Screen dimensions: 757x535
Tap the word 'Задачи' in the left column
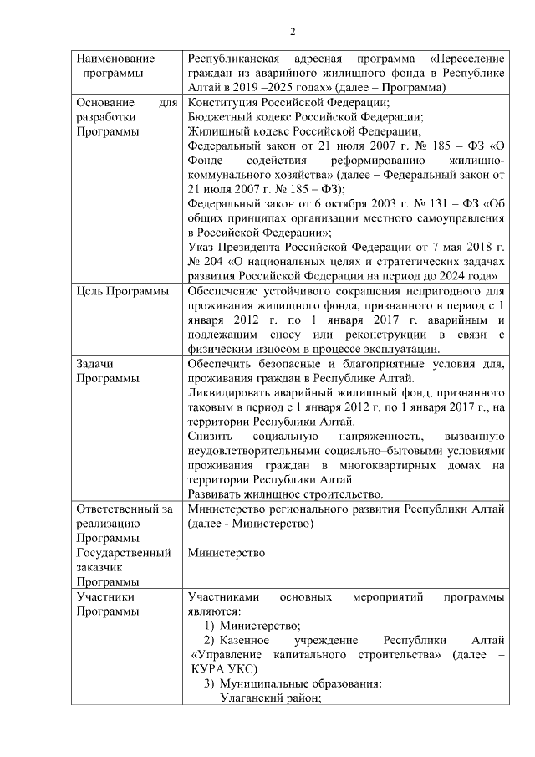tap(94, 364)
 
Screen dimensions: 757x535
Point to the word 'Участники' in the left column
tap(102, 597)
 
